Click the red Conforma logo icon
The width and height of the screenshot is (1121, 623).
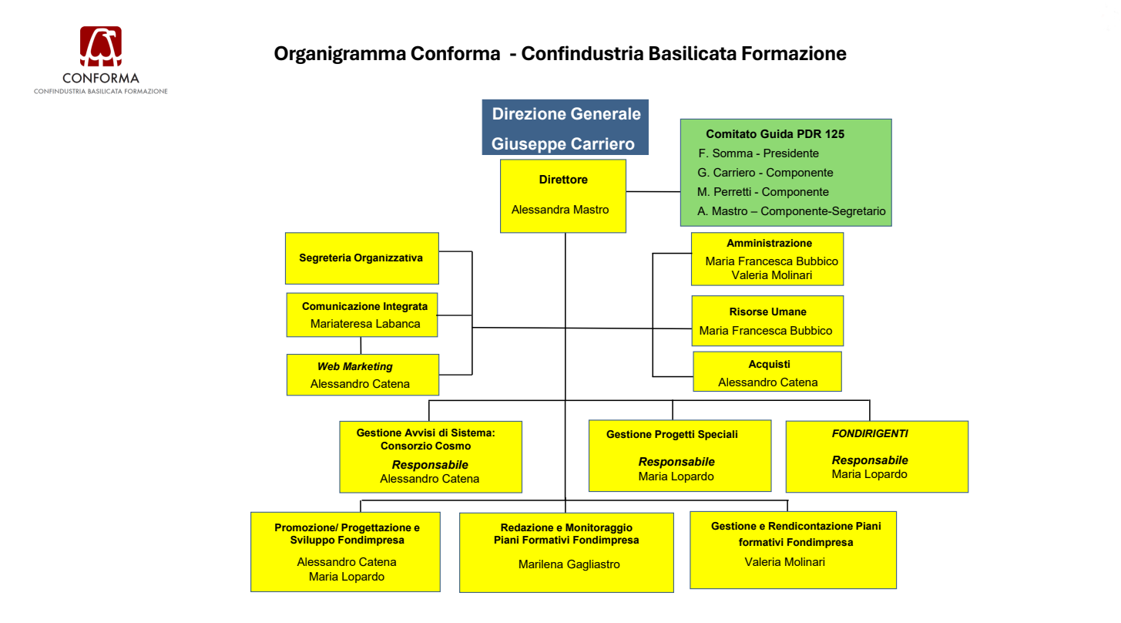pyautogui.click(x=101, y=47)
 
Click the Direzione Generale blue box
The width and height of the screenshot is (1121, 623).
pyautogui.click(x=566, y=127)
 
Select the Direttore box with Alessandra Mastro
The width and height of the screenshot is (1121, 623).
pyautogui.click(x=562, y=196)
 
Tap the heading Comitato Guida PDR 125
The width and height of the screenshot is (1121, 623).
pyautogui.click(x=775, y=134)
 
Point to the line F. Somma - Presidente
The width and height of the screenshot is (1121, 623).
pyautogui.click(x=758, y=153)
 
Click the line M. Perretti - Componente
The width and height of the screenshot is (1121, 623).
pyautogui.click(x=763, y=192)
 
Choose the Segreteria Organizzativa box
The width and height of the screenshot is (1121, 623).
pyautogui.click(x=361, y=258)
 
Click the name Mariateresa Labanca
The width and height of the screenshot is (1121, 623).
pyautogui.click(x=365, y=324)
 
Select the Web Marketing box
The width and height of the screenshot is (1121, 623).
pyautogui.click(x=362, y=375)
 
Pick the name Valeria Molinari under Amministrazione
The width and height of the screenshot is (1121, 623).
pyautogui.click(x=771, y=275)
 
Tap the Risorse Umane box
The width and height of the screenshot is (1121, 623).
pyautogui.click(x=767, y=321)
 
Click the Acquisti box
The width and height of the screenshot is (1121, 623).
pyautogui.click(x=767, y=372)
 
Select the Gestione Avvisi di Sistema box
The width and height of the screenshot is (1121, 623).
pyautogui.click(x=430, y=456)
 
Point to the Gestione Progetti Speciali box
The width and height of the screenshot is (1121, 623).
pyautogui.click(x=680, y=456)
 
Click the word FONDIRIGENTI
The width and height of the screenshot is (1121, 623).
pyautogui.click(x=869, y=434)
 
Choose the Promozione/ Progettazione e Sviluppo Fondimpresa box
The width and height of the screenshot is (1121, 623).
pyautogui.click(x=345, y=551)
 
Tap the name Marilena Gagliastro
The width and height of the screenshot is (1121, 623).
pyautogui.click(x=569, y=564)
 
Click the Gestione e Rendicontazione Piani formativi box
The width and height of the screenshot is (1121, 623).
pyautogui.click(x=793, y=550)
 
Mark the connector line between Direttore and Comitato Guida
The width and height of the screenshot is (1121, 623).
pyautogui.click(x=653, y=192)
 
